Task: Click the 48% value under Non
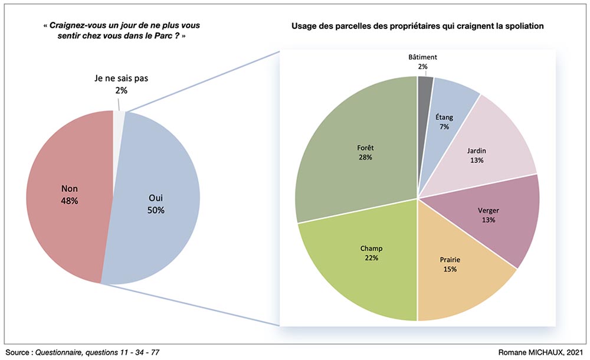(x=70, y=201)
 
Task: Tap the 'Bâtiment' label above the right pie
(x=422, y=57)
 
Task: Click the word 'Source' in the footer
(x=17, y=352)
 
